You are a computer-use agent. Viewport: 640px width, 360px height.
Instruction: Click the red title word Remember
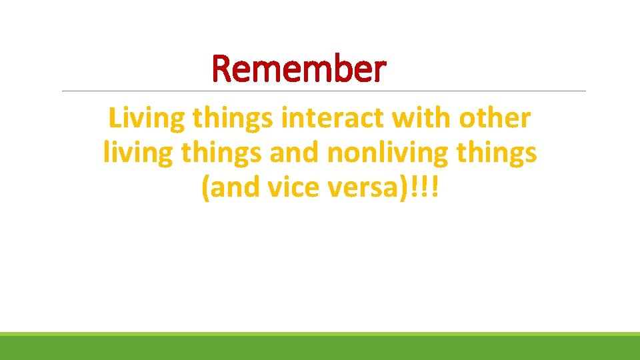coord(299,69)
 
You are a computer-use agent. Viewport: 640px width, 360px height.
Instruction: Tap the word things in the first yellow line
coord(233,119)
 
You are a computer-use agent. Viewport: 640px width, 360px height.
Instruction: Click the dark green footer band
coord(320,349)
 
